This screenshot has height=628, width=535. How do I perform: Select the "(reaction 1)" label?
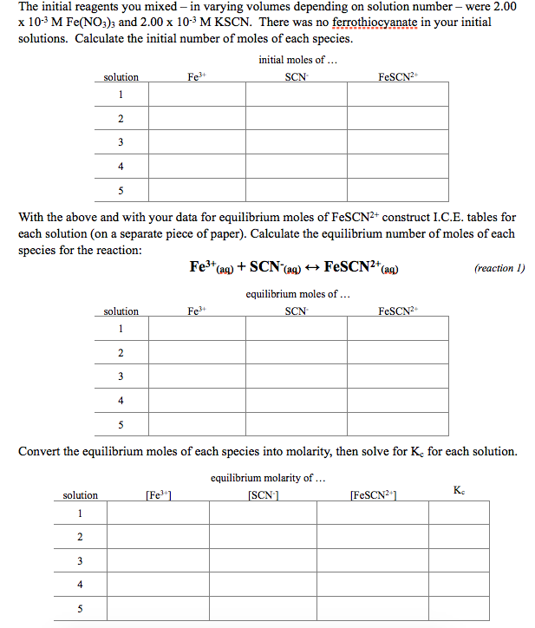(x=499, y=268)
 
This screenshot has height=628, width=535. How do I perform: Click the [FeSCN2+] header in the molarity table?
(x=375, y=495)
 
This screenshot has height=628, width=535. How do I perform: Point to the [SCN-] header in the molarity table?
(x=263, y=495)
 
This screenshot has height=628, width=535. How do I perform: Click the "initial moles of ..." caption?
(x=297, y=59)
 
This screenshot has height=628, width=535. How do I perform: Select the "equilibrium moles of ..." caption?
(x=297, y=293)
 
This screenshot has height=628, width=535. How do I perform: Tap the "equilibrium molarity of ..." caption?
(x=262, y=477)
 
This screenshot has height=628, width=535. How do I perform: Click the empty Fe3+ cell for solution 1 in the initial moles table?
(x=196, y=94)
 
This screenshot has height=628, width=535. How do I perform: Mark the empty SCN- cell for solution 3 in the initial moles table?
(x=296, y=142)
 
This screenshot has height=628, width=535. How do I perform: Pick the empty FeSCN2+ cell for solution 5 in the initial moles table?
(x=398, y=190)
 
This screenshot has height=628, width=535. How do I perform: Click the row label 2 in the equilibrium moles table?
(x=121, y=352)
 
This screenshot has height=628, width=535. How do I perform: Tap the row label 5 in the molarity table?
(x=80, y=609)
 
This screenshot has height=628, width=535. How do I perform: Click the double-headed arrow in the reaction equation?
(x=310, y=266)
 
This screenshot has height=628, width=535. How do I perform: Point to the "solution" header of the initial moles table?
(x=121, y=77)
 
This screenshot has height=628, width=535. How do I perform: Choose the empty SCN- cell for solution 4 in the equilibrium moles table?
(x=296, y=400)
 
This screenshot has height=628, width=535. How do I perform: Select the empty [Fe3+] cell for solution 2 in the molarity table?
(x=158, y=537)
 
